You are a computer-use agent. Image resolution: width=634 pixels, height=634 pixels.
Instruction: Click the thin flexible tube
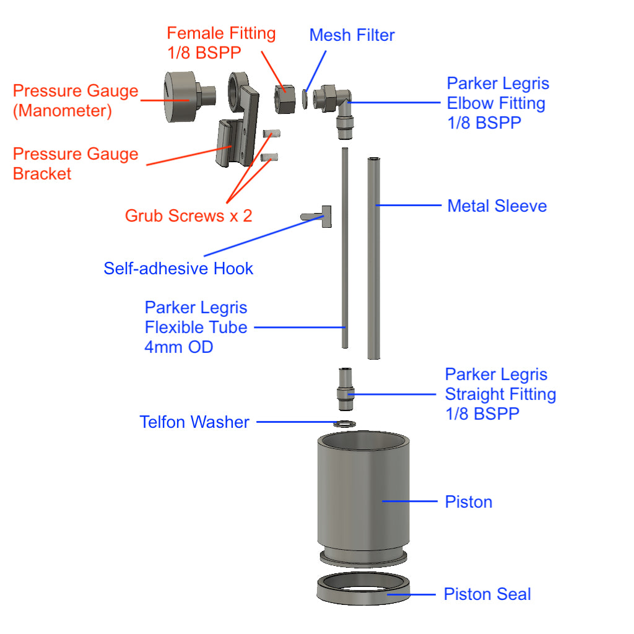point(344,248)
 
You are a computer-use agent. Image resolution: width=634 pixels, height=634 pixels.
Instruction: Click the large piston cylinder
point(364,495)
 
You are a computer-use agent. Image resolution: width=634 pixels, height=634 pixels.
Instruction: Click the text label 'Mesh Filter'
point(352,35)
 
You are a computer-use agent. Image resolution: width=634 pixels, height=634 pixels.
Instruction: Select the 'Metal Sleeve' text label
point(497,206)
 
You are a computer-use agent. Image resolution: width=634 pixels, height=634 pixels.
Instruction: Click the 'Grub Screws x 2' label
point(188,216)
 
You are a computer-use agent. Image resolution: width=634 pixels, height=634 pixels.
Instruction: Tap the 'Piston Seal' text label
point(487,595)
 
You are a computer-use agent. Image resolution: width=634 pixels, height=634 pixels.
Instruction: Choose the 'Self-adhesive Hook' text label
point(178,269)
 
